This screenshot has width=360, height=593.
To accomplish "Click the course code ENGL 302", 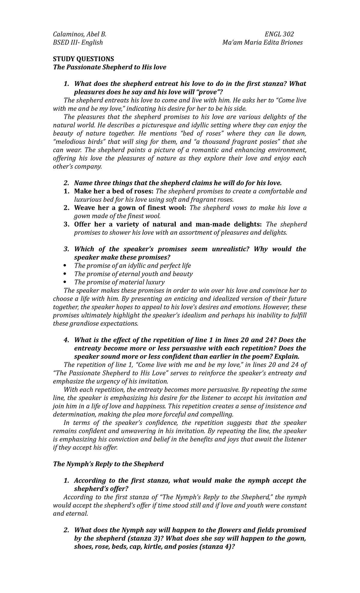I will pyautogui.click(x=279, y=34).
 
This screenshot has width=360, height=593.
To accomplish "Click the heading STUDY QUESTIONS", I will pyautogui.click(x=83, y=59).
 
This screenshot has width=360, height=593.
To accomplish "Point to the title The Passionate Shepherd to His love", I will pyautogui.click(x=109, y=67).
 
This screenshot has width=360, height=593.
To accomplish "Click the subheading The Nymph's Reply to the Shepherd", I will pyautogui.click(x=108, y=464).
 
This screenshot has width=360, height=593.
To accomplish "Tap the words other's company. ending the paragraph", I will pyautogui.click(x=77, y=167).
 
